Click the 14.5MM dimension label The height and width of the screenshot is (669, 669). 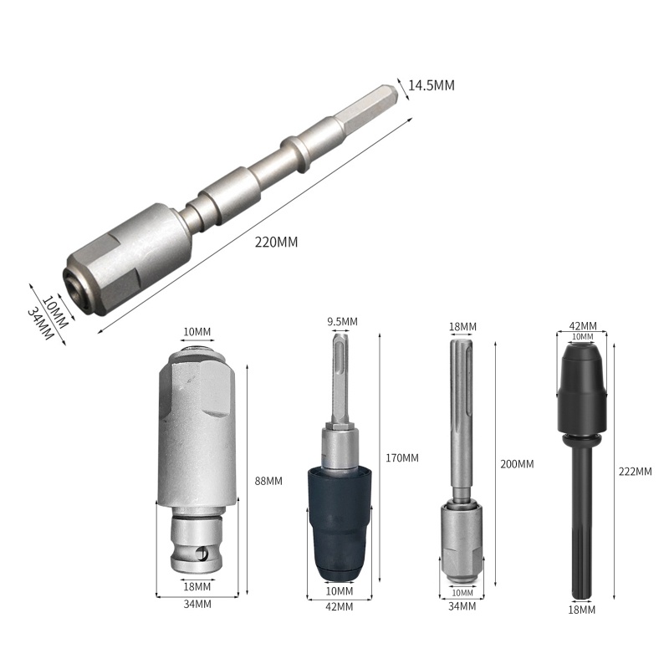tap(432, 85)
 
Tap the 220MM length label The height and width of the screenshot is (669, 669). tap(277, 242)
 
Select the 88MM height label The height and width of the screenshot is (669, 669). tap(268, 481)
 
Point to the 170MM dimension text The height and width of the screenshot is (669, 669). tap(402, 457)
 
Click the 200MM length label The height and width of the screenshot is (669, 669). tap(517, 464)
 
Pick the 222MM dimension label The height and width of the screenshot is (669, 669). tap(636, 472)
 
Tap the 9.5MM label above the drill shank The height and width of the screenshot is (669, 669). tap(343, 321)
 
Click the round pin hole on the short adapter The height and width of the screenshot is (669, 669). tap(201, 554)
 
